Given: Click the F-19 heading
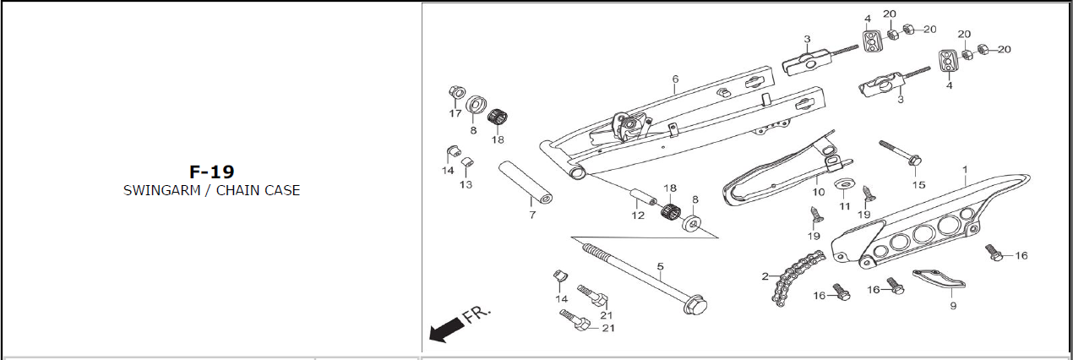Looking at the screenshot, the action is (x=212, y=172).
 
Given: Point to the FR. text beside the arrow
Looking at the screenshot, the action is (x=477, y=314).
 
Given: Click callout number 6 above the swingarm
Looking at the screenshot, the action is (x=675, y=79).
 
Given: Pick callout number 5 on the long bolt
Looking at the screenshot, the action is (x=661, y=266).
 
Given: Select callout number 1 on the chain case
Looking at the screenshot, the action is (x=965, y=170).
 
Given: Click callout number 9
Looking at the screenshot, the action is (x=953, y=306).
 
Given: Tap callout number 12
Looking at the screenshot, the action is (x=638, y=215).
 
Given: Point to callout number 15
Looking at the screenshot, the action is (x=918, y=185).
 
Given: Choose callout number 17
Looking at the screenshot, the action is (x=455, y=113).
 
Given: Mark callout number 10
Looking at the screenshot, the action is (x=819, y=192).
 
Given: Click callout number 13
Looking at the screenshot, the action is (x=466, y=184).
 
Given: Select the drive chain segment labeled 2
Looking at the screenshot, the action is (x=798, y=277).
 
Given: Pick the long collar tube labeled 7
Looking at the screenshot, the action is (x=525, y=183).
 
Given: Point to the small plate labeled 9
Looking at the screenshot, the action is (x=939, y=279).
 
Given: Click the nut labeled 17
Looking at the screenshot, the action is (x=455, y=91).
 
